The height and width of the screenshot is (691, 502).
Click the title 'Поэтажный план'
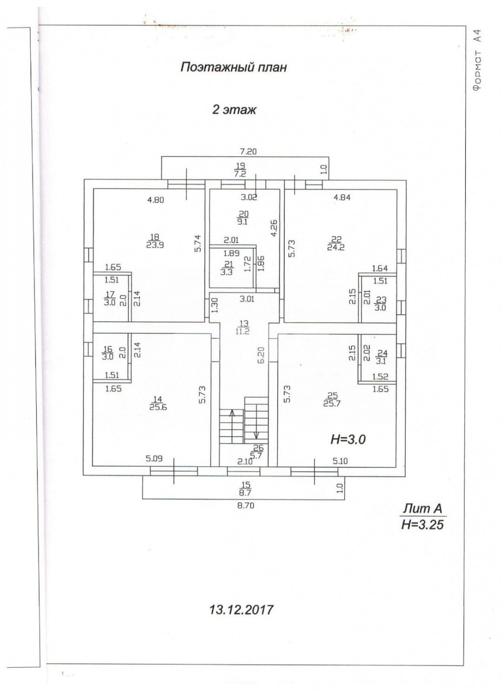pos(233,67)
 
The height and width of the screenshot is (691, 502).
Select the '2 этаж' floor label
pos(234,110)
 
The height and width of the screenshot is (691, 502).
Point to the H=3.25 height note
pos(422,525)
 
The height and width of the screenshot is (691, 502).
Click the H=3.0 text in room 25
pos(348,439)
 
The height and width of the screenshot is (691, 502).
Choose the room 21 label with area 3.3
pos(226,268)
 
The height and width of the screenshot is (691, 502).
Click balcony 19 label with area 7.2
pos(240,170)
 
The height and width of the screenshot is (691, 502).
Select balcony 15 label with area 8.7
pos(246,489)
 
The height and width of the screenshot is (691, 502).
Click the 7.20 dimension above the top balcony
pos(248,151)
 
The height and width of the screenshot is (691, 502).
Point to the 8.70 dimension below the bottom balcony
pos(245,506)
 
